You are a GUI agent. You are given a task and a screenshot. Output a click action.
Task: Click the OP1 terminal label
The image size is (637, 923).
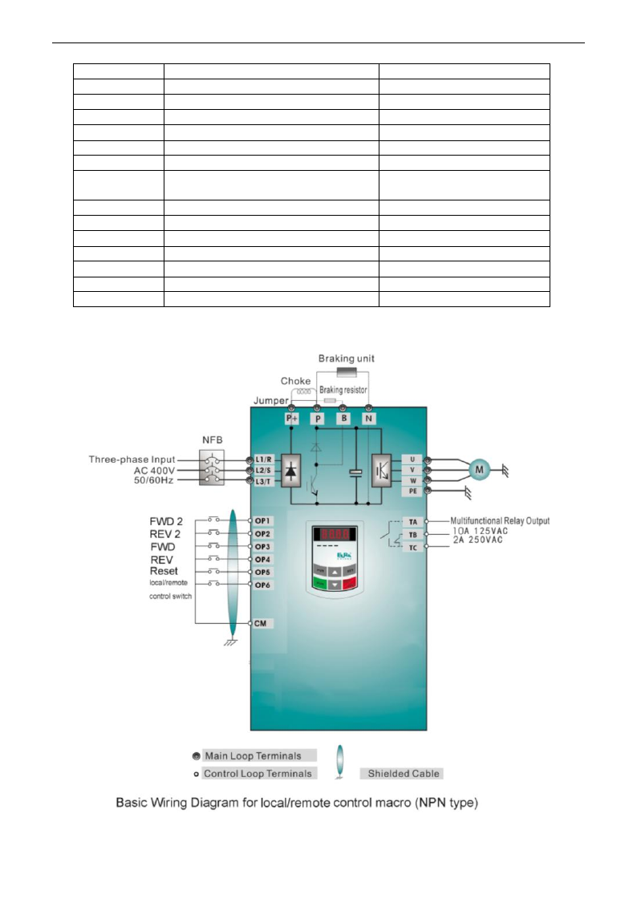pyautogui.click(x=263, y=520)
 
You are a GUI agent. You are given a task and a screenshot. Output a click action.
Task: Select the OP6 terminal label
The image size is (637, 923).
pyautogui.click(x=263, y=585)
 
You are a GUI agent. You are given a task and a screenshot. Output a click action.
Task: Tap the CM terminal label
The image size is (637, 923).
pyautogui.click(x=261, y=623)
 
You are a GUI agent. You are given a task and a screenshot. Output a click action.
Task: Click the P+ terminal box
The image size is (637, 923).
pyautogui.click(x=291, y=419)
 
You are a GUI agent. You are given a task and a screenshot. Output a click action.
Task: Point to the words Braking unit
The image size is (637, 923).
pyautogui.click(x=347, y=358)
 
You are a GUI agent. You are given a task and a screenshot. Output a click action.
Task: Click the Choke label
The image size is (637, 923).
pyautogui.click(x=295, y=381)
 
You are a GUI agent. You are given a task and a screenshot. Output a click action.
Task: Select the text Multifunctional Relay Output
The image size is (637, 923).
pyautogui.click(x=500, y=521)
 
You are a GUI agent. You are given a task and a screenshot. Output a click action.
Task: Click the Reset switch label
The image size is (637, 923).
pyautogui.click(x=164, y=571)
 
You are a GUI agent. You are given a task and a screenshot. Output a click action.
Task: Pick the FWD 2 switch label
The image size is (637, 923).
pyautogui.click(x=167, y=520)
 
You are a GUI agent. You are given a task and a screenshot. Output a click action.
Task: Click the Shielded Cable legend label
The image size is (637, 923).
pyautogui.click(x=404, y=774)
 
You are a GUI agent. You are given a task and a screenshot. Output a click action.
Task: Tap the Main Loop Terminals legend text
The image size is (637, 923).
pyautogui.click(x=253, y=755)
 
